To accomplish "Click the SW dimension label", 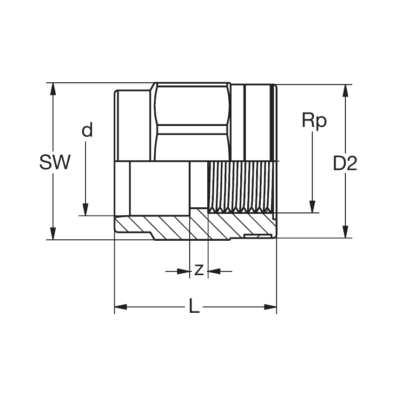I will click(55, 163).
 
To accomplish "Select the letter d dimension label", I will click(87, 131).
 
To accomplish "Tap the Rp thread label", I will click(314, 121).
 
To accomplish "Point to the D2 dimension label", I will click(345, 164).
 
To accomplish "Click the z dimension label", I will click(198, 269).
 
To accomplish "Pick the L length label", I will click(194, 306).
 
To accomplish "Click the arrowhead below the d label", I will click(86, 210).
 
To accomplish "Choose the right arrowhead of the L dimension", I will click(271, 307).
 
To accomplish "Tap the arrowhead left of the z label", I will click(184, 271).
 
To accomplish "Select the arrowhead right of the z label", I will click(214, 271).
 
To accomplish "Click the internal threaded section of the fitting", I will click(239, 186).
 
